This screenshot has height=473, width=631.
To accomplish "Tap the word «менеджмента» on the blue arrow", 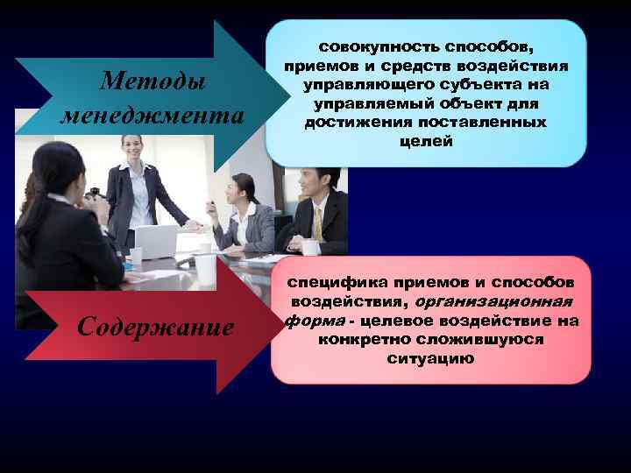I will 152,116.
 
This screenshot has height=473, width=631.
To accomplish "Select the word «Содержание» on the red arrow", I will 155,327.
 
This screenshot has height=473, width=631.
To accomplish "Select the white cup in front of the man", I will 310,247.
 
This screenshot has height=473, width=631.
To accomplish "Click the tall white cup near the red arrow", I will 206,269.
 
